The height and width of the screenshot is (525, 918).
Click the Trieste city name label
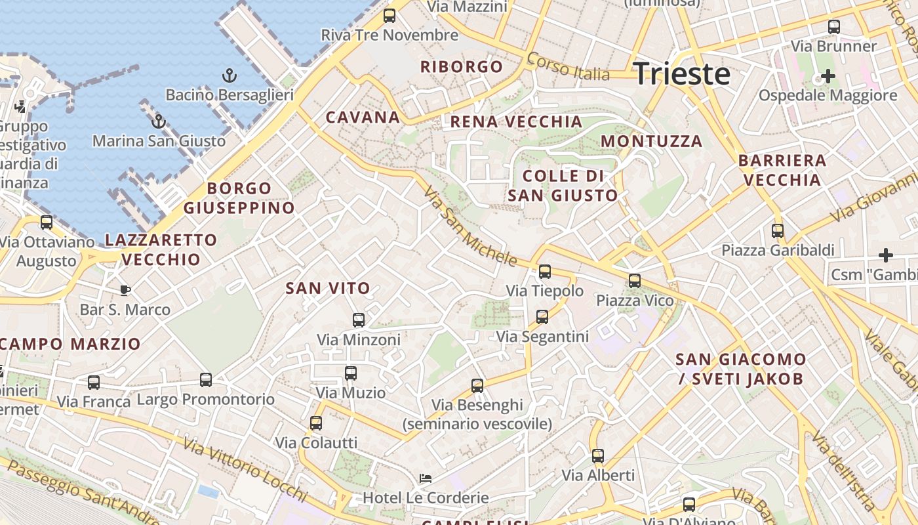(x=682, y=74)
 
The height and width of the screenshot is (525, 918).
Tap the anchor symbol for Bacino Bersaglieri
(x=229, y=75)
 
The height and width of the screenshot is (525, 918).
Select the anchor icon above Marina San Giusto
(x=158, y=121)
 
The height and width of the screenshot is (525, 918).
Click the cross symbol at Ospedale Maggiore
(x=828, y=76)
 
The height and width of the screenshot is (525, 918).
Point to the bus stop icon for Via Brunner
(x=834, y=27)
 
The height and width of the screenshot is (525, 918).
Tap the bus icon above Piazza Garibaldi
(x=778, y=231)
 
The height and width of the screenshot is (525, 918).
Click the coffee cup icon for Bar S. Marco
(x=125, y=290)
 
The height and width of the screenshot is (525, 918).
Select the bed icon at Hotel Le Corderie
(x=426, y=478)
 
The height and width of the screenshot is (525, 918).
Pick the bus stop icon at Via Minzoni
(x=359, y=320)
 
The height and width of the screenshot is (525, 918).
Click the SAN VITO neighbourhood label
(x=328, y=287)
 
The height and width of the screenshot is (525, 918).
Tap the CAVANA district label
(x=363, y=117)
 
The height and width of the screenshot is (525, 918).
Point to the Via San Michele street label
(x=470, y=226)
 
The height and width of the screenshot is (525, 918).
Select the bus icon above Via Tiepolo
(x=545, y=272)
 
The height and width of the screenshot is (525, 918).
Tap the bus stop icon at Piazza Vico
(x=635, y=281)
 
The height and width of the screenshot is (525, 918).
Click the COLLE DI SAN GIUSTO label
(x=563, y=186)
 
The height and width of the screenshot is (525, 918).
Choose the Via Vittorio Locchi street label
(x=245, y=470)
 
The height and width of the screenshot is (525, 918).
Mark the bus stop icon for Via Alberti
(x=598, y=455)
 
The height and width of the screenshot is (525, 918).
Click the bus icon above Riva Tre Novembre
(x=389, y=16)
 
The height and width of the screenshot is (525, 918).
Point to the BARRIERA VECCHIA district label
(x=782, y=170)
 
